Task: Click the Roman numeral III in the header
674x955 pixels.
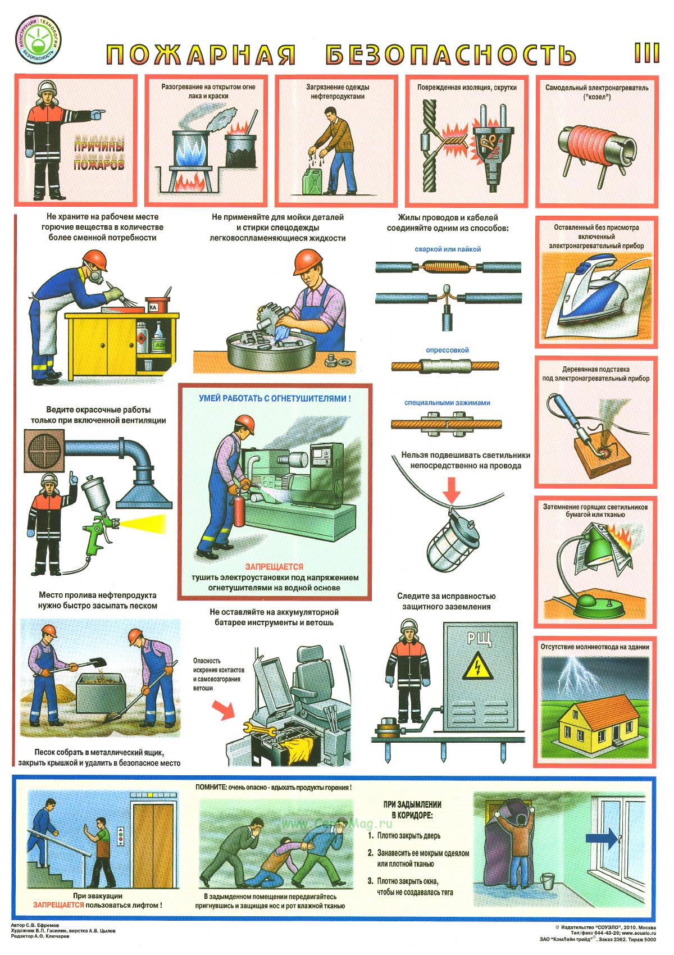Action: coord(646,53)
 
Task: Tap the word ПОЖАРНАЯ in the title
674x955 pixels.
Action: coord(201,54)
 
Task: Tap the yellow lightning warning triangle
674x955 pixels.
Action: coord(478,666)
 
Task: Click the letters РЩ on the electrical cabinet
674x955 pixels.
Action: coord(479,638)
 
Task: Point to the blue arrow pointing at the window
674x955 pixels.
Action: coord(601,839)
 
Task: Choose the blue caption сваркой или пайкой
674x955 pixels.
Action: coord(448,249)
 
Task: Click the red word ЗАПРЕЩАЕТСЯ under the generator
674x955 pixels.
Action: coord(274,567)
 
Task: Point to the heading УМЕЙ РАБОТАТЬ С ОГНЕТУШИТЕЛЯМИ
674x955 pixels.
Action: coord(275,399)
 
